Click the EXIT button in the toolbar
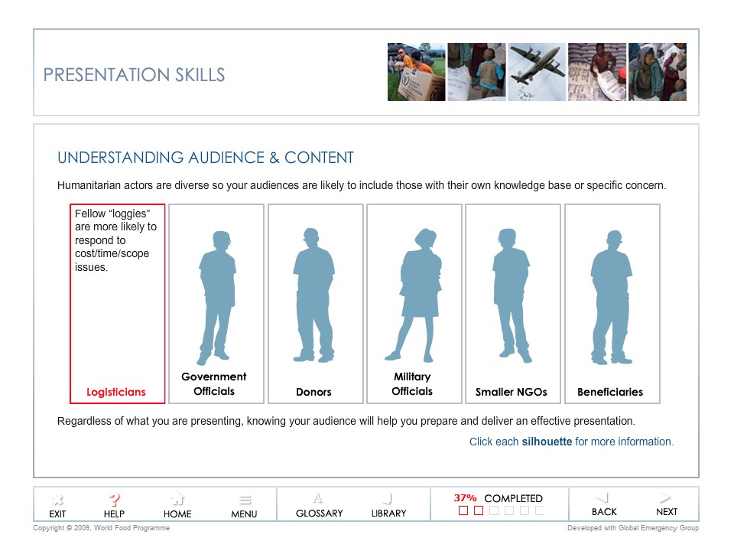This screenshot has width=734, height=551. click(x=57, y=506)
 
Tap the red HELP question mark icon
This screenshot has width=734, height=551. click(x=114, y=500)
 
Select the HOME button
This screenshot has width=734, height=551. click(x=177, y=506)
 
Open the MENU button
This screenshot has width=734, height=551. click(x=244, y=506)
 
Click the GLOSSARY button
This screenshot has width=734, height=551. click(x=319, y=506)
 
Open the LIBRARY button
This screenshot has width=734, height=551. click(x=388, y=506)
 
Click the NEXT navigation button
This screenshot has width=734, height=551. click(x=666, y=504)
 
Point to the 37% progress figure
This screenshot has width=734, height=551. click(x=465, y=498)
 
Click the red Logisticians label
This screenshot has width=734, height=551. click(x=116, y=392)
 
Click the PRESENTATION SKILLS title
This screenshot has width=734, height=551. click(x=134, y=75)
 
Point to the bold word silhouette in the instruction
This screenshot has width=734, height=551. click(x=547, y=442)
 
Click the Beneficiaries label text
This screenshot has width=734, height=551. click(x=610, y=392)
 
